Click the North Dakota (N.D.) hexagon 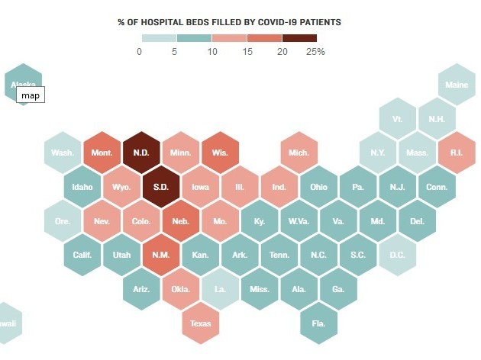click(141, 152)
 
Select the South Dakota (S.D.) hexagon click(161, 186)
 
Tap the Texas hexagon click(201, 323)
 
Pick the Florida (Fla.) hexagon click(319, 323)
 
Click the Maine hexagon click(457, 85)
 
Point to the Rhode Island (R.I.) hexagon click(457, 152)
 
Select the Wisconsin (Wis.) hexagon click(221, 152)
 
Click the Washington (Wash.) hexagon click(63, 152)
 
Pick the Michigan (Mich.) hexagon click(299, 152)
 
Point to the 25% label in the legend click(315, 52)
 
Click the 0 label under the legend click(139, 52)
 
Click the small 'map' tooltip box click(31, 95)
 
